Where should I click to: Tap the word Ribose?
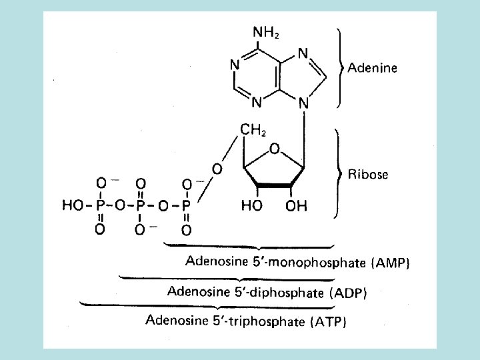click(369, 175)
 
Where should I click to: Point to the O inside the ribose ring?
click(274, 147)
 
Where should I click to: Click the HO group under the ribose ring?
click(251, 206)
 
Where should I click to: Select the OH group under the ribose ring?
click(297, 206)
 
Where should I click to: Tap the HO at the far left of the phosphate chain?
click(73, 206)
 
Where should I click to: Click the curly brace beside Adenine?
click(342, 67)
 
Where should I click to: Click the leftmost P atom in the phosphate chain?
click(100, 206)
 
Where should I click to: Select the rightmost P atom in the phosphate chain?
click(187, 206)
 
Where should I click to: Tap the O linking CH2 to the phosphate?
click(217, 169)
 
